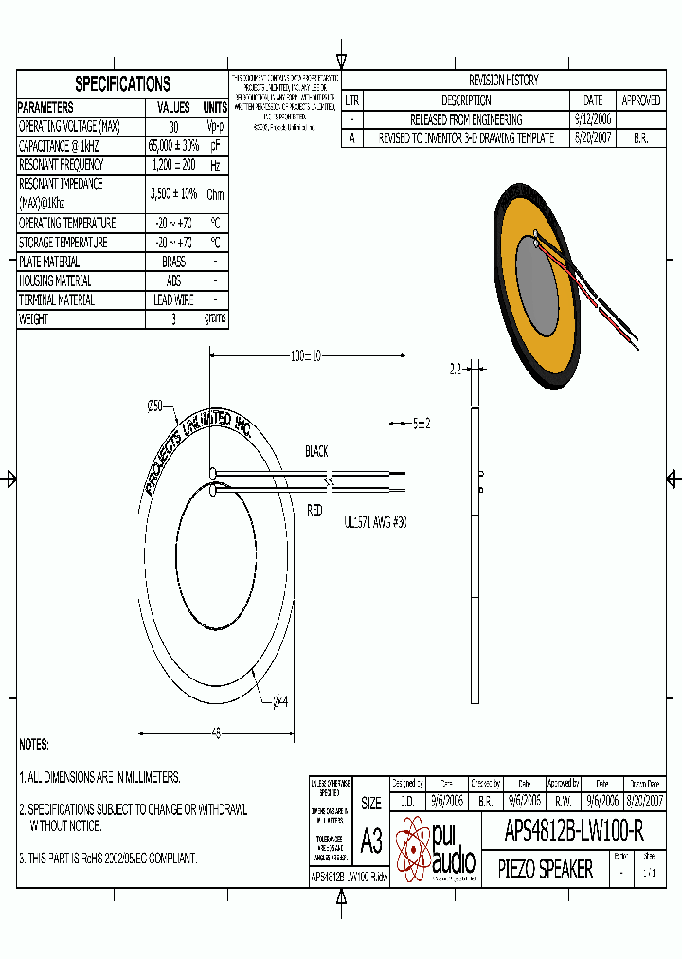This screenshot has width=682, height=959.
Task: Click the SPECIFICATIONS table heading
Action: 122,83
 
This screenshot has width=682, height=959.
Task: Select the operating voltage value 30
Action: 173,127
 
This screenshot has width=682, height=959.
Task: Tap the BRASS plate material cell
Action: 173,262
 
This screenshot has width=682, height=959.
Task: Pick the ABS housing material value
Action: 173,280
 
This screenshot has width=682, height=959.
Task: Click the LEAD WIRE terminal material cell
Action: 173,300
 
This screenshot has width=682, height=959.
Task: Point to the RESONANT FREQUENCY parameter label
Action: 63,165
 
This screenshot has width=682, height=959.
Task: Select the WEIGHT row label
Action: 33,319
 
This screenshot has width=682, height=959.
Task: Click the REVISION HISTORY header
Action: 503,81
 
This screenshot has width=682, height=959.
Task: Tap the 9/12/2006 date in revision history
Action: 593,119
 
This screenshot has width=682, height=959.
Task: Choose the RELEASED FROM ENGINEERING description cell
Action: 465,119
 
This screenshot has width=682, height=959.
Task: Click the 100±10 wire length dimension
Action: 306,356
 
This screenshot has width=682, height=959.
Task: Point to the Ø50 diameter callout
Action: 154,406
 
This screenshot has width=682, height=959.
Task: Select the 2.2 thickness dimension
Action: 455,370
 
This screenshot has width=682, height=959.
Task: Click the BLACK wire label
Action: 316,452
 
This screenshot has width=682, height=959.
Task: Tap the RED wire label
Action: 314,510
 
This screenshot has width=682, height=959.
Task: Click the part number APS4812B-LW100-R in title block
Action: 574,833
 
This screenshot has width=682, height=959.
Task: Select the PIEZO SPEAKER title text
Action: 545,869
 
